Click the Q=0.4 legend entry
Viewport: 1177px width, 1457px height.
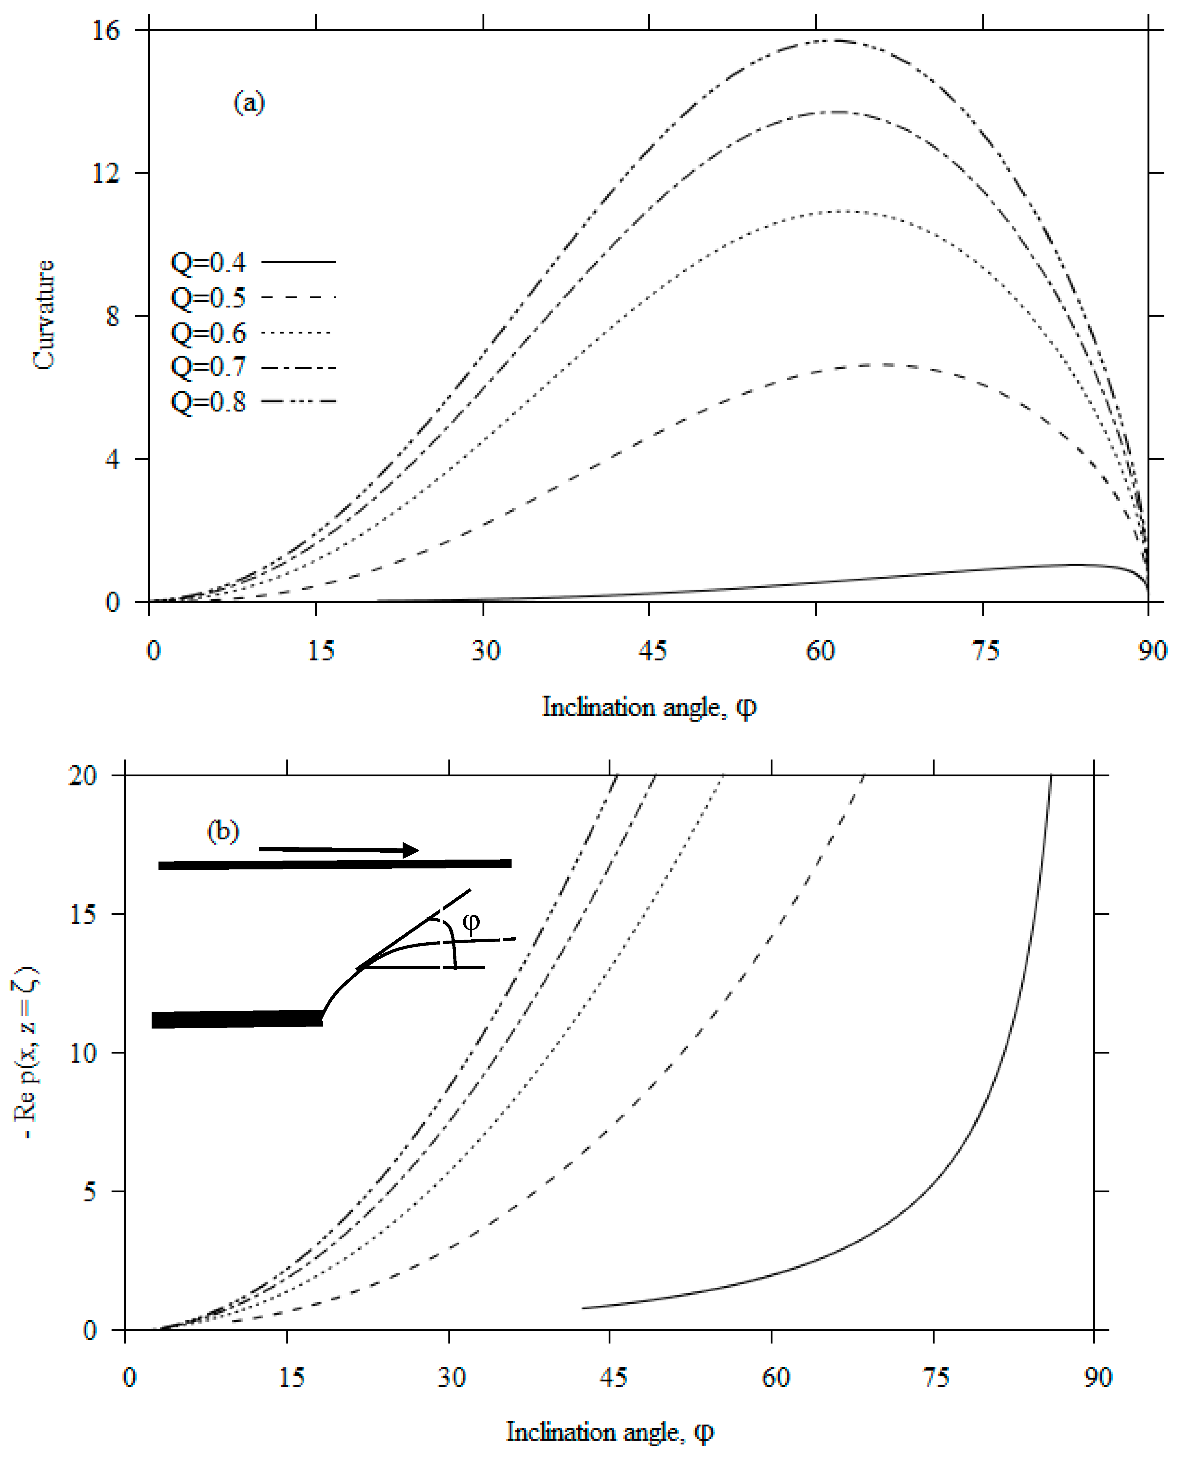[x=208, y=262]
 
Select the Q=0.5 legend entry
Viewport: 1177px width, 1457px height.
[x=208, y=298]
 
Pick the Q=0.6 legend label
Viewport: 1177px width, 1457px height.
[x=208, y=333]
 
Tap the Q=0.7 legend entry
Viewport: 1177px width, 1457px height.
[x=208, y=367]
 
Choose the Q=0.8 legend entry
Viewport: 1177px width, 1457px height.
[x=208, y=402]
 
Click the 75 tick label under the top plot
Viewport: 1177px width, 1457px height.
[x=984, y=651]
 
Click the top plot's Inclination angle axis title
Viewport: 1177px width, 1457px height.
[x=649, y=707]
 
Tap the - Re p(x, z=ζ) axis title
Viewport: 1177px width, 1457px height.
[x=27, y=1053]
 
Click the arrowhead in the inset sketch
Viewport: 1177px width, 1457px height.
[x=411, y=850]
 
